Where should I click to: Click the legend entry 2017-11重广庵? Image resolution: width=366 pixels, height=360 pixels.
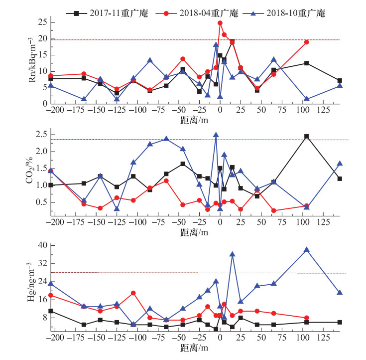107,13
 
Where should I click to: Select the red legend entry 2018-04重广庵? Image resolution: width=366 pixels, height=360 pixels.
197,13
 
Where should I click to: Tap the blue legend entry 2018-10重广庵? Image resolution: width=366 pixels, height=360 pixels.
284,13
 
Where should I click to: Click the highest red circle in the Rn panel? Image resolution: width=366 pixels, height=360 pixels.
220,23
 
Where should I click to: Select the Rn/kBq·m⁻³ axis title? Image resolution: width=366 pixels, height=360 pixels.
32,60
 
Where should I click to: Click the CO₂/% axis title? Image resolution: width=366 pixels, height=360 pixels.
30,170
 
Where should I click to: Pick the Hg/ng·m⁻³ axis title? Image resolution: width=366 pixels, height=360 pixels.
31,282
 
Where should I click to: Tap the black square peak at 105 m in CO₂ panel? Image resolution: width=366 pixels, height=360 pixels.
306,136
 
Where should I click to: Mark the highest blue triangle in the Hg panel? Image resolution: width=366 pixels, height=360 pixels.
306,250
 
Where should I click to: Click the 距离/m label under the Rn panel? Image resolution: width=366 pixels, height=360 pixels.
194,120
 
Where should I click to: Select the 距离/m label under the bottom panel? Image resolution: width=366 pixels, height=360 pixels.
194,348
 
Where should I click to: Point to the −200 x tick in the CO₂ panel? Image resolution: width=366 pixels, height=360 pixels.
55,222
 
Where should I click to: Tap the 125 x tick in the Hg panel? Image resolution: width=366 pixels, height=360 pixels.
323,338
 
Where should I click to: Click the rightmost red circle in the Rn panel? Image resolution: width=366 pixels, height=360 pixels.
306,42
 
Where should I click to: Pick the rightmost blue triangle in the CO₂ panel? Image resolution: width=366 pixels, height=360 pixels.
340,163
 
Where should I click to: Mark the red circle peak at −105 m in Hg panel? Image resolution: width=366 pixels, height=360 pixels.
133,293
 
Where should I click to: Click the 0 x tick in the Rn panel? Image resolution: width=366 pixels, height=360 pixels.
220,110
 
